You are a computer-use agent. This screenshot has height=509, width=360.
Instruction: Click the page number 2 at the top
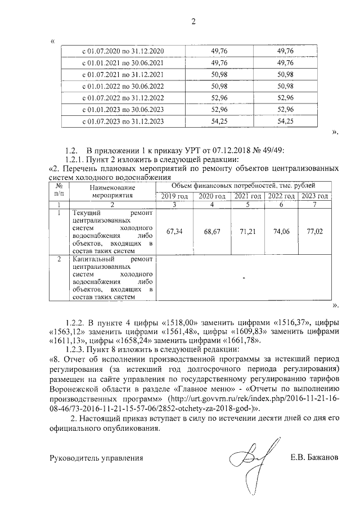(193, 22)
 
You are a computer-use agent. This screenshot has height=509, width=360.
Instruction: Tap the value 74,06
(280, 231)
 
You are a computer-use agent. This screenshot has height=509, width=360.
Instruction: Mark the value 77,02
(314, 231)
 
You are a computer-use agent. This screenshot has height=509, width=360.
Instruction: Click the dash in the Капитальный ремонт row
(244, 278)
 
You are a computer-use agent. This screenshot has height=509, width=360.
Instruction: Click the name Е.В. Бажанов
(314, 457)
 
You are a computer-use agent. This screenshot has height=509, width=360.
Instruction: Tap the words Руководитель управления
(96, 458)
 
